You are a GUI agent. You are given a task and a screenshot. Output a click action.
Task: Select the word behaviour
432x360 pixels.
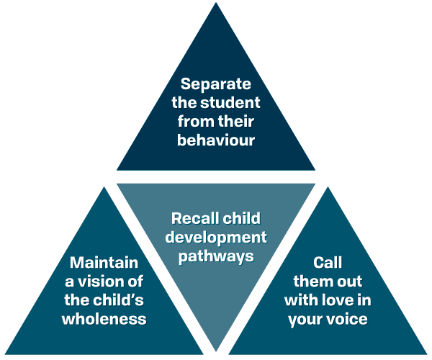(x=216, y=140)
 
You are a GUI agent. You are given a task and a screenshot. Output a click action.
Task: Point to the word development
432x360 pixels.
(x=216, y=237)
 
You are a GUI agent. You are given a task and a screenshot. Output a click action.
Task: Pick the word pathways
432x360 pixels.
(x=216, y=256)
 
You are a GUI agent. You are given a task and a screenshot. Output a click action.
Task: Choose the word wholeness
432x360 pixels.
(x=104, y=319)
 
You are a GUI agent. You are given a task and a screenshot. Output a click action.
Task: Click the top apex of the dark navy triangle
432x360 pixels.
(x=216, y=4)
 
